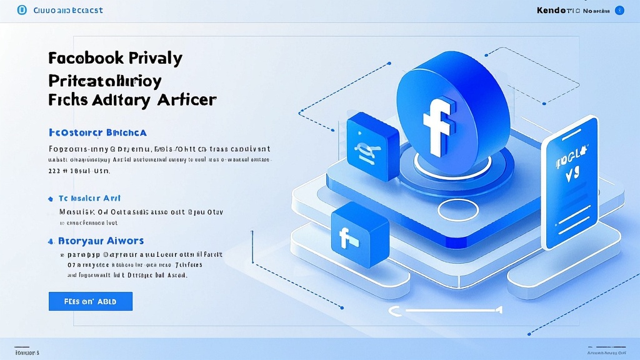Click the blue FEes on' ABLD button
[91, 301]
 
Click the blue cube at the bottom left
[359, 233]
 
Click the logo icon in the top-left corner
[21, 10]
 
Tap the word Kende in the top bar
[552, 11]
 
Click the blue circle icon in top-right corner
[619, 11]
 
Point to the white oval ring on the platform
[457, 210]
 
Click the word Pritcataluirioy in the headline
[104, 80]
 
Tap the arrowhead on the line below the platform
[499, 309]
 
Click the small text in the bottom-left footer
[26, 352]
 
